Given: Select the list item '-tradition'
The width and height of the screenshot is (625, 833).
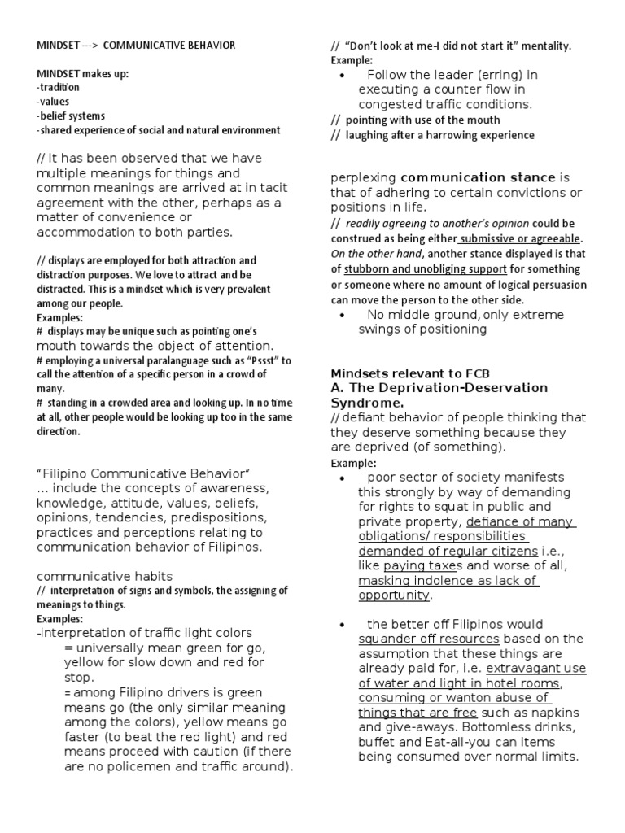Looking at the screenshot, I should [x=58, y=88].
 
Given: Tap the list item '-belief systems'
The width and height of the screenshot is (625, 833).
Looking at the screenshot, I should [x=71, y=116].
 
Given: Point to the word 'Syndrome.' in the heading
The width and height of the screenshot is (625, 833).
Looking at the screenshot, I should [x=363, y=403].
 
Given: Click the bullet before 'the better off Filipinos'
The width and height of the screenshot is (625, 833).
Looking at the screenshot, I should [x=343, y=624].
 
